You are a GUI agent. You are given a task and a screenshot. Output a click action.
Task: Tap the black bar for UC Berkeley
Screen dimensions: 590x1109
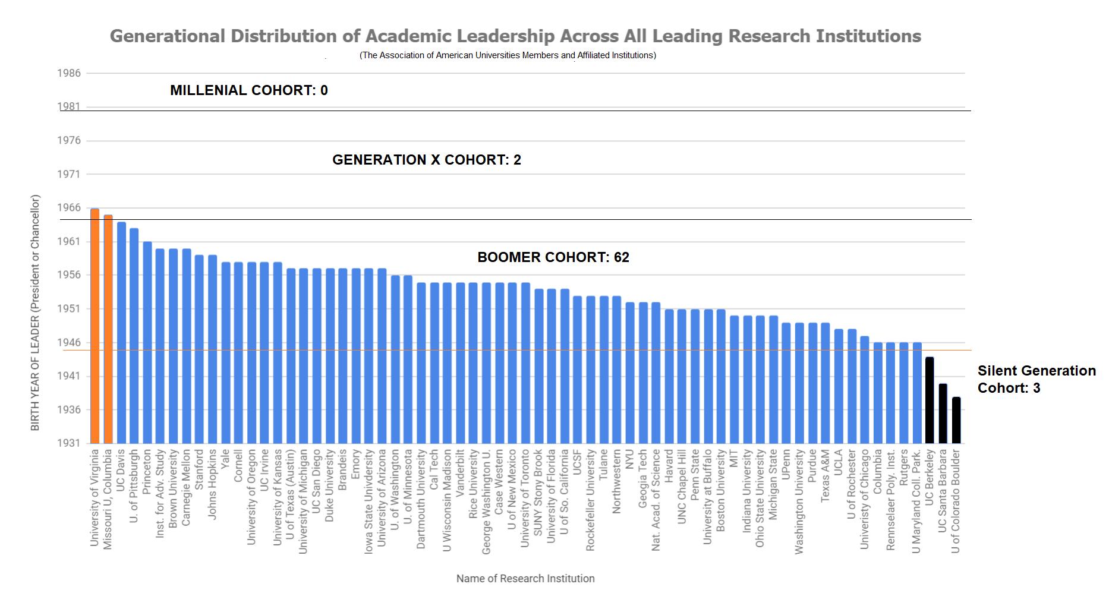coord(930,400)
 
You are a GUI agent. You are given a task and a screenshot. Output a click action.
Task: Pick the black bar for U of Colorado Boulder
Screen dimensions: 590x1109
coord(956,420)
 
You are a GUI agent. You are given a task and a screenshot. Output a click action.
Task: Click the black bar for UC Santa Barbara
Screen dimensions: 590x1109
coord(943,414)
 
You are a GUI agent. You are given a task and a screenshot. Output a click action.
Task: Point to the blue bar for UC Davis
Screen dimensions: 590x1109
coord(121,332)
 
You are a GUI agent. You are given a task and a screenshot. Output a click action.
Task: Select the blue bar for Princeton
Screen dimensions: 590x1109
coord(147,342)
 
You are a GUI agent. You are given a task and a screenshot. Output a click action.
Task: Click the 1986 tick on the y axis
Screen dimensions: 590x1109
coord(69,74)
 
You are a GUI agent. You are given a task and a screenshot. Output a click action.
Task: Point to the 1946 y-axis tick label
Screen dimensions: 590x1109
coord(69,343)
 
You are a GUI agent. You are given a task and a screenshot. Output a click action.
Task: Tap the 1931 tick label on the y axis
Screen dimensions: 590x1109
coord(69,443)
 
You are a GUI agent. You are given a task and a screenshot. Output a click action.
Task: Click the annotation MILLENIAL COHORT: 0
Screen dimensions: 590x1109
coord(249,90)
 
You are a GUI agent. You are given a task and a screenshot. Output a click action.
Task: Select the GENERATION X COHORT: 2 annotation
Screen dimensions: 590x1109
coord(426,160)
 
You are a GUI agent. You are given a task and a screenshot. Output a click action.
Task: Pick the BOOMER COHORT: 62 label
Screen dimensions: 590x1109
coord(553,257)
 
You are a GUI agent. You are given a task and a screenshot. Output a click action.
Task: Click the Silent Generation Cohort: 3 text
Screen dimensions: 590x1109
coord(1036,379)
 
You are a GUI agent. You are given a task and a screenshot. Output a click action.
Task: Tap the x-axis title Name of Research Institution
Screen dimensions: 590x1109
coord(525,579)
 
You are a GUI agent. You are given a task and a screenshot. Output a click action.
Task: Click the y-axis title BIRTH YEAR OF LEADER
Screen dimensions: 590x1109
coord(35,313)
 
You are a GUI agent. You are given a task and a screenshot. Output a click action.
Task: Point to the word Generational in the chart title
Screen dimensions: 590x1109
coord(168,36)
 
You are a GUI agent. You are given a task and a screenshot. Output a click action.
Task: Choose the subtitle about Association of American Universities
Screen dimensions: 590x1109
coord(508,55)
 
